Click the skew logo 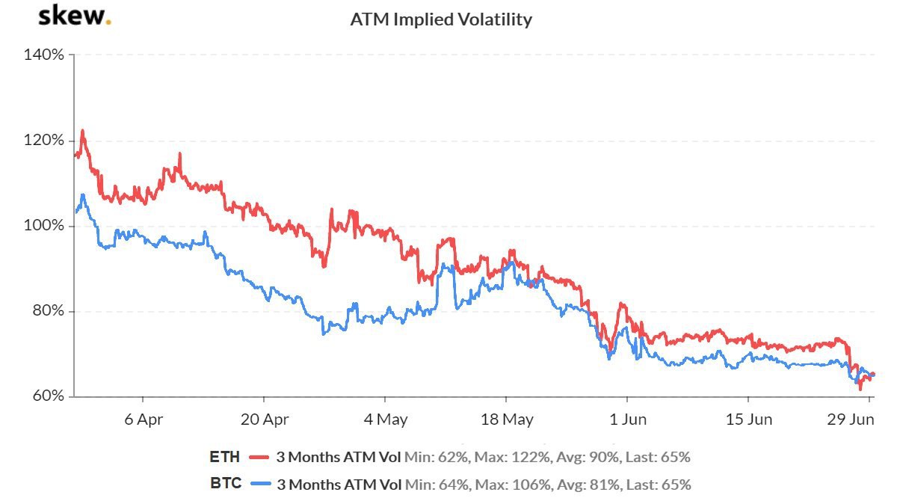click(74, 16)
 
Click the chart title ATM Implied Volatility click(441, 19)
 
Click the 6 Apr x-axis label click(142, 419)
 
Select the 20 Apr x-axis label click(263, 419)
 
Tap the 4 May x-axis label click(385, 419)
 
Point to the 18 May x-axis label click(507, 419)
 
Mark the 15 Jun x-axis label click(750, 419)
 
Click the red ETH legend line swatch click(259, 457)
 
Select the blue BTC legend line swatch click(259, 484)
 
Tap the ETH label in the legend click(225, 457)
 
